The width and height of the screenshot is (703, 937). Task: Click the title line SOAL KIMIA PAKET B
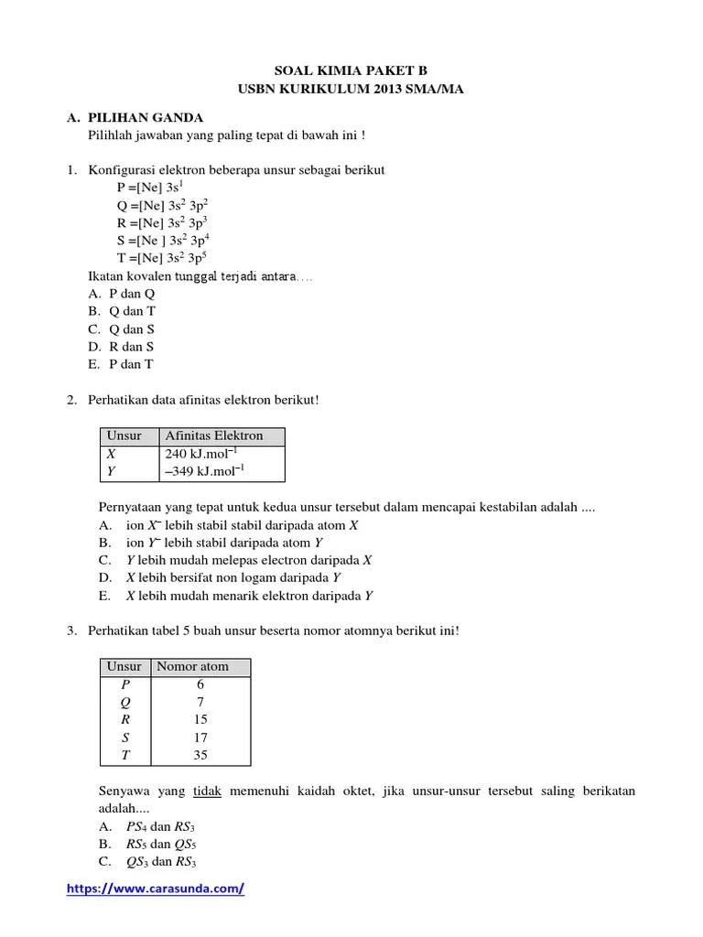351,70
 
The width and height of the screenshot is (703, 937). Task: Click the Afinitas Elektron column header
213,436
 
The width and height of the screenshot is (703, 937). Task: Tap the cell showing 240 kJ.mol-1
204,454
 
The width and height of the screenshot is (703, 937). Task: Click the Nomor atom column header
192,666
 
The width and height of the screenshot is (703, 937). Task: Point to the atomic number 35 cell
200,755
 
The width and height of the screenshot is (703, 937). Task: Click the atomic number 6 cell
200,684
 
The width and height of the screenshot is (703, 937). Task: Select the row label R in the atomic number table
124,720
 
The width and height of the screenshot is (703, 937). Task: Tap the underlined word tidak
208,791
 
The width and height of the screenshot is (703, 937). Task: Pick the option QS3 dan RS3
163,862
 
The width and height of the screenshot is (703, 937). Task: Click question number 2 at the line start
72,400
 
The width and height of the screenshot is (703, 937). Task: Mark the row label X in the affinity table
112,454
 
